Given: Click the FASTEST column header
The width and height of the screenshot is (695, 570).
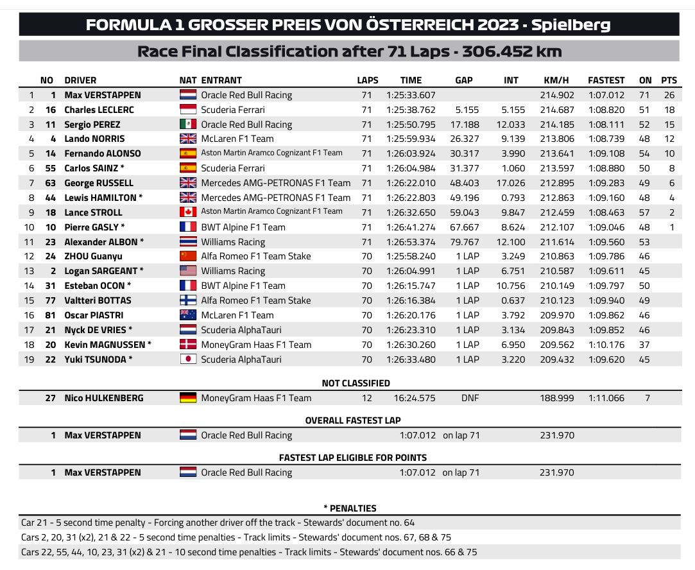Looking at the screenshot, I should [606, 80].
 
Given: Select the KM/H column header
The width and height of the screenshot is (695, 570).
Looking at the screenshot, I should [556, 80].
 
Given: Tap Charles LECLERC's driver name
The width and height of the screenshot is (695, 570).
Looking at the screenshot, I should [99, 110].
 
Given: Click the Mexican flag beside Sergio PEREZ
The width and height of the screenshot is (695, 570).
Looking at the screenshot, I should [188, 125].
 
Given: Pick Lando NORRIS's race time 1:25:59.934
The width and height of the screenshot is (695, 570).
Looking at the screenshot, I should [411, 139].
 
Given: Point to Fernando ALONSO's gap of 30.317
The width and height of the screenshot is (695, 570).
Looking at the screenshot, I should [464, 153].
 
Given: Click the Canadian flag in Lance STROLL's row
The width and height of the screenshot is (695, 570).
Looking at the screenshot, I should [188, 212].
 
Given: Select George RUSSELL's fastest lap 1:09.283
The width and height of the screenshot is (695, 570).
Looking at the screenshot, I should [606, 183].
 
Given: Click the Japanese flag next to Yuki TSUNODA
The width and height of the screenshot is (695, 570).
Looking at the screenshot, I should [188, 359].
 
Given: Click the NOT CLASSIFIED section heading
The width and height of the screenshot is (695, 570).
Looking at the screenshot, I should [356, 383].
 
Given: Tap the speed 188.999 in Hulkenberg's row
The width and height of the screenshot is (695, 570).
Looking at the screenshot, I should [556, 398].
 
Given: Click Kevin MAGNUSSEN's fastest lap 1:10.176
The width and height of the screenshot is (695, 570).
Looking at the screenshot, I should [606, 345].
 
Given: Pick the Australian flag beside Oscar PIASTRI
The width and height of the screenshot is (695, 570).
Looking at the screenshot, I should [188, 315].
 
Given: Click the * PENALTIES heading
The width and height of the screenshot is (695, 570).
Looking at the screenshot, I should [350, 508].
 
